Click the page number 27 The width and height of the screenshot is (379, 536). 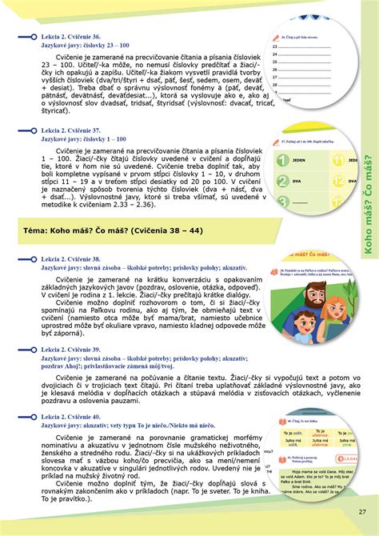coord(361,511)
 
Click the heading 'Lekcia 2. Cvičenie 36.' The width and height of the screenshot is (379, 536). coord(73,37)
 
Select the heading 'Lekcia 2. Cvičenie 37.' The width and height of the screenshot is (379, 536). coord(73,130)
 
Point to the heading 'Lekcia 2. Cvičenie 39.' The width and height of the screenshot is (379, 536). coord(73,350)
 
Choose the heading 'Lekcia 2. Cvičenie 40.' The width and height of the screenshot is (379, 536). coord(73,418)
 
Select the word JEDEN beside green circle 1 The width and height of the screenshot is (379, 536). coord(301,160)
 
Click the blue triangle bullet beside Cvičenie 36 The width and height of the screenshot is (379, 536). coord(34,37)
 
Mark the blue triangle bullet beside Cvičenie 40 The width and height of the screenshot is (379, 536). coord(34,418)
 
